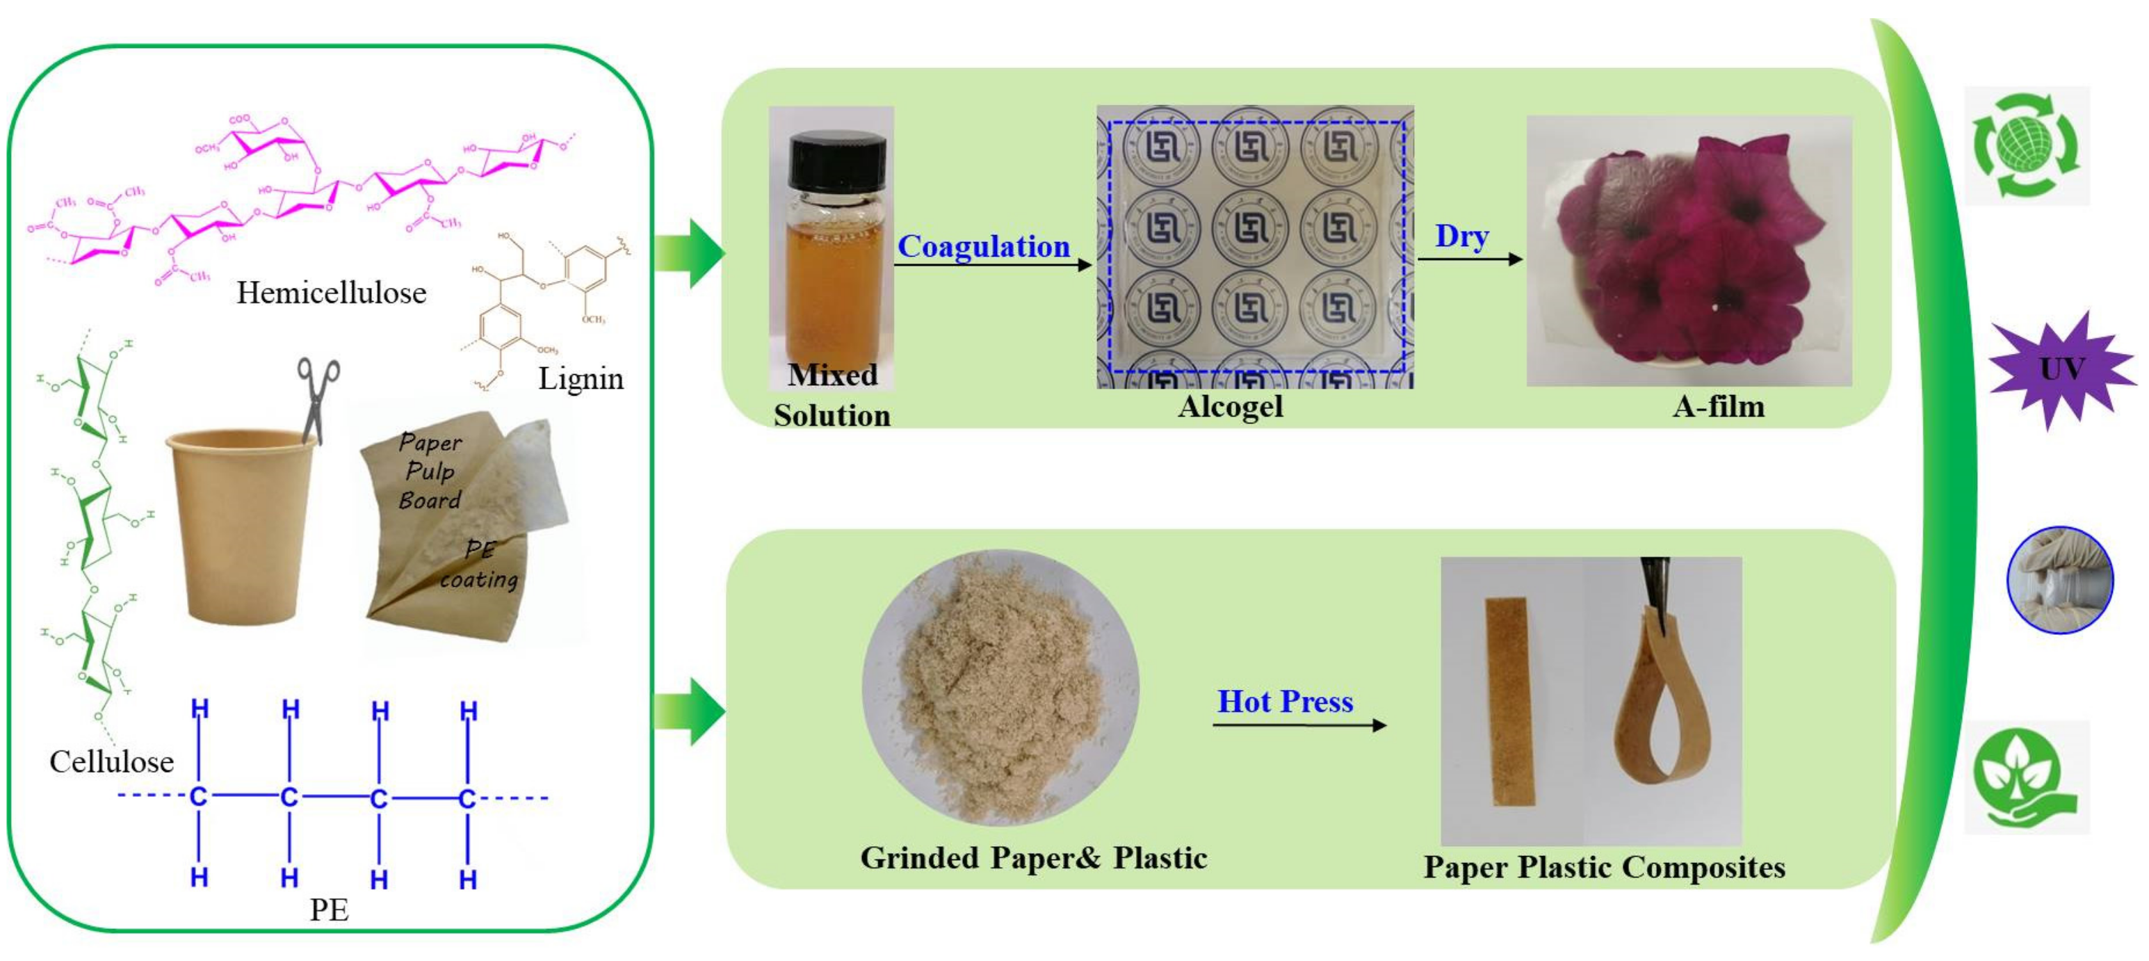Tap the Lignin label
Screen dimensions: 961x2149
[x=581, y=379]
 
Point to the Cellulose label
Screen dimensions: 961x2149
[x=112, y=761]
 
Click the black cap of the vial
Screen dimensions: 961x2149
[x=837, y=163]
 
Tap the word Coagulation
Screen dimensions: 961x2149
[x=984, y=247]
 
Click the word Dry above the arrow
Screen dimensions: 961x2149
[x=1461, y=237]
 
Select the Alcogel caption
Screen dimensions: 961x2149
[x=1231, y=407]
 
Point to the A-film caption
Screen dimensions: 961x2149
[x=1719, y=407]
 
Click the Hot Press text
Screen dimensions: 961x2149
[x=1285, y=702]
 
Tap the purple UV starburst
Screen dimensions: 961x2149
[x=2061, y=369]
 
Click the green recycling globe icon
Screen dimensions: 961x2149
[x=2025, y=146]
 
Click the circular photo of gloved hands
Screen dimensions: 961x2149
[x=2060, y=581]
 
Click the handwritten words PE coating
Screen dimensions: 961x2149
[x=480, y=565]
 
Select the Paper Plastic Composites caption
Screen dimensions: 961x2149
[x=1604, y=868]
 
